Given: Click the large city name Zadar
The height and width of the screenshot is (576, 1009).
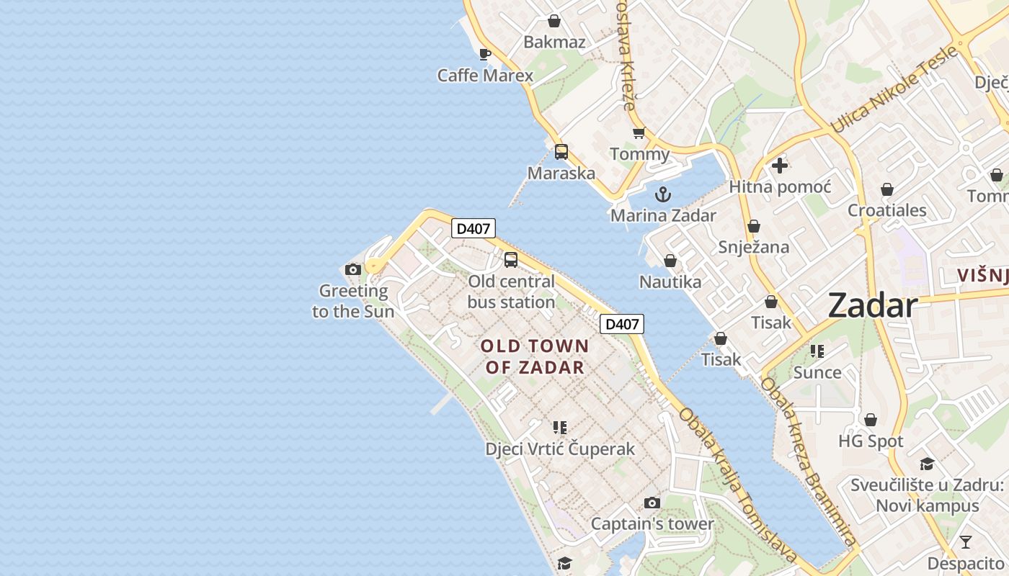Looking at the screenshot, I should pyautogui.click(x=872, y=305).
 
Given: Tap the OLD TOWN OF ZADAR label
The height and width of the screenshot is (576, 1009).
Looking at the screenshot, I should pyautogui.click(x=535, y=356).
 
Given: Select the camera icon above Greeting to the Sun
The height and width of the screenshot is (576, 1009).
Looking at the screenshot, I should pyautogui.click(x=353, y=270).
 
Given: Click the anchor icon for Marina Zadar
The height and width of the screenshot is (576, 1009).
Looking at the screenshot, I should pyautogui.click(x=662, y=194).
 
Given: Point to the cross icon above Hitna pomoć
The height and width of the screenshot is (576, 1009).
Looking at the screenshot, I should pyautogui.click(x=779, y=166).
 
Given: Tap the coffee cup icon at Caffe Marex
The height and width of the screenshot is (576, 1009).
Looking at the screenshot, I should pyautogui.click(x=485, y=54).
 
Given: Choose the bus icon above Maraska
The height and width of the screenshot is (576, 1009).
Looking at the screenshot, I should pyautogui.click(x=561, y=152).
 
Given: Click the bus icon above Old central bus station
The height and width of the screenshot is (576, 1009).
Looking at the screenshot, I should pyautogui.click(x=511, y=260).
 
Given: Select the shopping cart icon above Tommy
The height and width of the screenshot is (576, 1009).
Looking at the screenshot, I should pyautogui.click(x=639, y=133).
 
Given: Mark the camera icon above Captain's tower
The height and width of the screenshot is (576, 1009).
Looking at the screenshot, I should pyautogui.click(x=652, y=503).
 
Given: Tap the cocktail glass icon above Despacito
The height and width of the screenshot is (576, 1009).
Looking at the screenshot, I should pyautogui.click(x=966, y=541).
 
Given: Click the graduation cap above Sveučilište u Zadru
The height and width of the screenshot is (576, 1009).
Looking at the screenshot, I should pyautogui.click(x=927, y=464).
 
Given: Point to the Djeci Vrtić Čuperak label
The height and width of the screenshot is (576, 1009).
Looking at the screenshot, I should pyautogui.click(x=560, y=449).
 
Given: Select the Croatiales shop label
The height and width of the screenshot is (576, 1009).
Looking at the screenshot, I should pyautogui.click(x=886, y=211).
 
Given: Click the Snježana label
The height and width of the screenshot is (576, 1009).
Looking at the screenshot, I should pyautogui.click(x=753, y=247).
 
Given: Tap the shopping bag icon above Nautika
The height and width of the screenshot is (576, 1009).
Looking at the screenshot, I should pyautogui.click(x=670, y=261).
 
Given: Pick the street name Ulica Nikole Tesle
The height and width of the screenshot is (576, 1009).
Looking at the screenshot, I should pyautogui.click(x=894, y=90).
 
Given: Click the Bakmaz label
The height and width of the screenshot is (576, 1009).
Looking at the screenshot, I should pyautogui.click(x=554, y=42).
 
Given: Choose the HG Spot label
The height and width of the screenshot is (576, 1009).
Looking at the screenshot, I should pyautogui.click(x=871, y=441).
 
